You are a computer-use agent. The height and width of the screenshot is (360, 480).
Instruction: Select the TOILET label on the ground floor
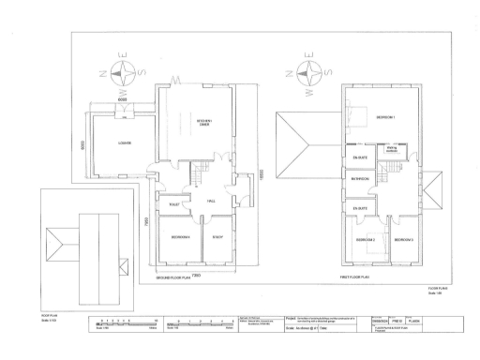pyautogui.click(x=174, y=203)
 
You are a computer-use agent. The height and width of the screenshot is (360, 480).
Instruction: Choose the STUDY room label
pyautogui.click(x=217, y=237)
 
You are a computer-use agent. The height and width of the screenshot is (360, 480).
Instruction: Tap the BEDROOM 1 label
pyautogui.click(x=385, y=118)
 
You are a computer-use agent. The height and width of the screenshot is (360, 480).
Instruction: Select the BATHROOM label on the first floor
pyautogui.click(x=359, y=178)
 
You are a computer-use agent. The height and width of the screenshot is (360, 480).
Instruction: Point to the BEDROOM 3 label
pyautogui.click(x=404, y=241)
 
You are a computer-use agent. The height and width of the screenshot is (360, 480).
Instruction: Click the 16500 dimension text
pyautogui.click(x=263, y=172)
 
